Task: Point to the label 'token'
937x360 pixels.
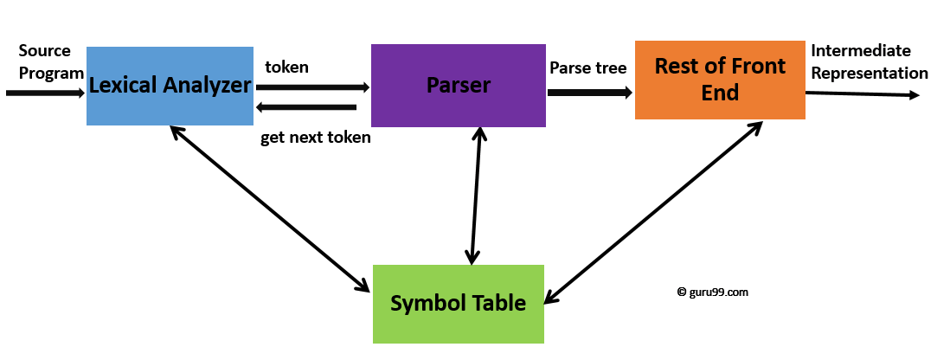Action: [x=286, y=67]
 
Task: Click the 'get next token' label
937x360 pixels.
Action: [x=315, y=138]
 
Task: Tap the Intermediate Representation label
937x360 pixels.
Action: [x=868, y=62]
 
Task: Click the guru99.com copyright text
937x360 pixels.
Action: [x=713, y=292]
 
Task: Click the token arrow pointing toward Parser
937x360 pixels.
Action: [x=312, y=87]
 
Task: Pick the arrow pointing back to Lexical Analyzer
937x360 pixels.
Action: [x=307, y=107]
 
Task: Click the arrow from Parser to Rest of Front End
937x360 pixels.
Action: [x=589, y=90]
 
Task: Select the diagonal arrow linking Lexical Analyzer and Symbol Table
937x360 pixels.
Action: [x=269, y=208]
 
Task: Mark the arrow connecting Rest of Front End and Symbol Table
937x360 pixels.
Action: [x=653, y=213]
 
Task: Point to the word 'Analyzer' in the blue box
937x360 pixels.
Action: [x=206, y=86]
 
